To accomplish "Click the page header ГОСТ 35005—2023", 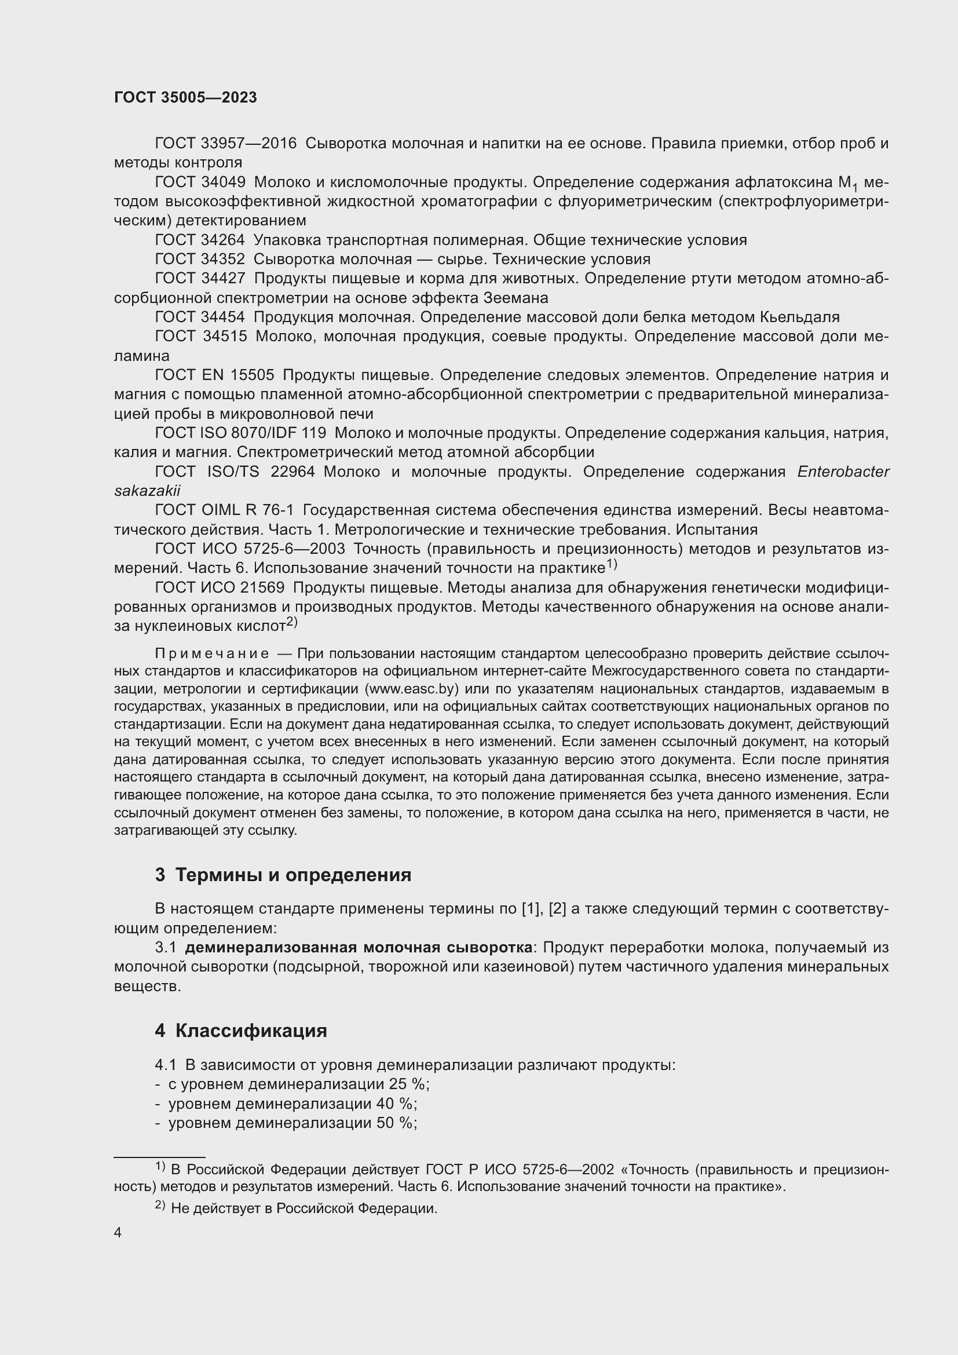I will (185, 97).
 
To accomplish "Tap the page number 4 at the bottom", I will (118, 1233).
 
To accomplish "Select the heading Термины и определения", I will (293, 875).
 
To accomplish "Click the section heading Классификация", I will (251, 1031).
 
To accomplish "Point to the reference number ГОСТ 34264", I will (200, 240).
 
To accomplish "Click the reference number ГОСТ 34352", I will (200, 259).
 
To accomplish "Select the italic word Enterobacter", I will (843, 472).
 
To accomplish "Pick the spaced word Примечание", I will (213, 654).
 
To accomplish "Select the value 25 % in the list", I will (408, 1084).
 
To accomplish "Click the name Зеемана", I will (516, 297).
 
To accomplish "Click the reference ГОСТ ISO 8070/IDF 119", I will (241, 433).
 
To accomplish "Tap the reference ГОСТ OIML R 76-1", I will (224, 510).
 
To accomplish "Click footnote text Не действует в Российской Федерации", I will (305, 1208).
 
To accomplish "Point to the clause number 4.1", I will (166, 1065).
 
